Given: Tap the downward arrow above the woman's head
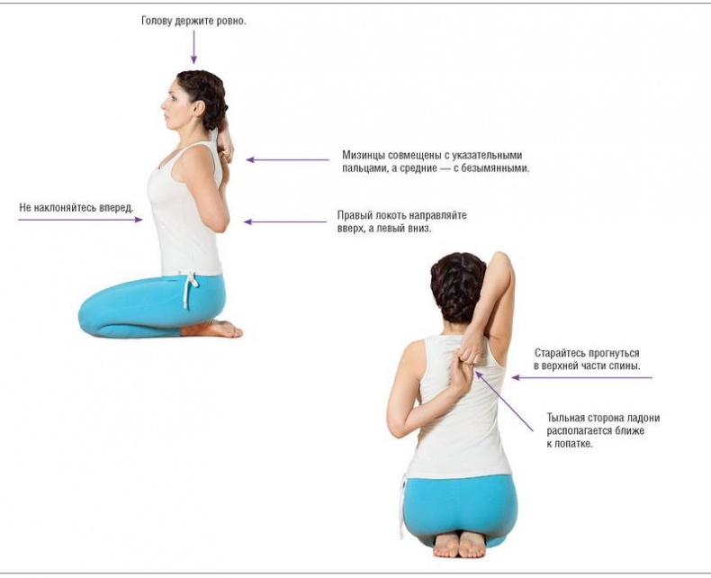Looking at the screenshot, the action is [x=193, y=47].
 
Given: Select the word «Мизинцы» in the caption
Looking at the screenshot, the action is [x=362, y=155].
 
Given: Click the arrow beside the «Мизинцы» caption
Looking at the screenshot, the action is [x=288, y=159].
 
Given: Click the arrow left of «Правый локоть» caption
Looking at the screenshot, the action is [x=285, y=221].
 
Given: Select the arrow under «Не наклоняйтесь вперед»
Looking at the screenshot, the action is [x=80, y=220].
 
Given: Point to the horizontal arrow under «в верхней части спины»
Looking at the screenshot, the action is [x=582, y=377].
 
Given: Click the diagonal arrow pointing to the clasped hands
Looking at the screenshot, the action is [x=504, y=401].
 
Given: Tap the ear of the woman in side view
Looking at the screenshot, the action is [x=198, y=108].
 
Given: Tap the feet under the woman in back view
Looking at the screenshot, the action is [x=459, y=545].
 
